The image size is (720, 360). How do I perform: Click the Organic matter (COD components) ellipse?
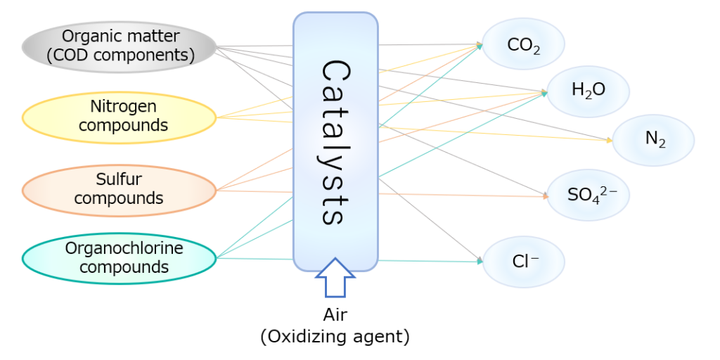click(120, 46)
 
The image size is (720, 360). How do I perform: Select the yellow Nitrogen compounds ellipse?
click(120, 117)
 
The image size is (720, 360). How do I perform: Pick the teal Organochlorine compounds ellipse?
click(120, 258)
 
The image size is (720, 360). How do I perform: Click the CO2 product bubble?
click(524, 45)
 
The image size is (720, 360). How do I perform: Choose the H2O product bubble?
click(588, 91)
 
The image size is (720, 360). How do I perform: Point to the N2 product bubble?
click(654, 139)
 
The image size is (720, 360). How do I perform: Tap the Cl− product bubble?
click(524, 261)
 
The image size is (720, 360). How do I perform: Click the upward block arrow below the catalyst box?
click(335, 277)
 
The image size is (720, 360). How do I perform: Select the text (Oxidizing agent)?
click(335, 337)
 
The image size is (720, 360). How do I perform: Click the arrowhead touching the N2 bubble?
click(609, 140)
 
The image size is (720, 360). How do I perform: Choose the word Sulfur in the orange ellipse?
click(119, 180)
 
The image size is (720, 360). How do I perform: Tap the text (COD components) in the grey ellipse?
click(120, 56)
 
